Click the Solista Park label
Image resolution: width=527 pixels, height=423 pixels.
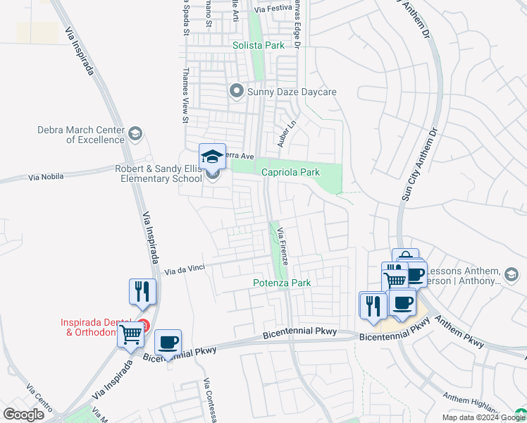[259, 45]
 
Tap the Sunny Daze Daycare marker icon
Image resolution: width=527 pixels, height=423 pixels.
[237, 91]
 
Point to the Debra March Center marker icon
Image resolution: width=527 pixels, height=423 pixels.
[135, 133]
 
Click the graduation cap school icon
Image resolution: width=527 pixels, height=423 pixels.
[212, 157]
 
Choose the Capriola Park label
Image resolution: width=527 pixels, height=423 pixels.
[290, 172]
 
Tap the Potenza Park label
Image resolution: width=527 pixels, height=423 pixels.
[282, 283]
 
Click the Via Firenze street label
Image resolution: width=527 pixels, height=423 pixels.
[283, 246]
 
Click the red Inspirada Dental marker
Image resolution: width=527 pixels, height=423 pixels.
[143, 326]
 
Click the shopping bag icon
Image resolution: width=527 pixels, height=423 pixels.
[406, 257]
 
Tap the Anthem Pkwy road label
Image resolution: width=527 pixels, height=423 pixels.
[458, 331]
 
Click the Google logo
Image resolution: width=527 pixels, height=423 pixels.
[23, 415]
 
